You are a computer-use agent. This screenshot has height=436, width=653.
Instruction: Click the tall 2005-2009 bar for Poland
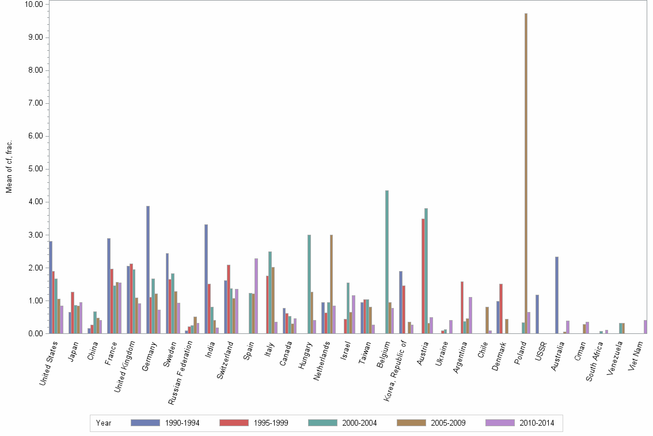pyautogui.click(x=526, y=173)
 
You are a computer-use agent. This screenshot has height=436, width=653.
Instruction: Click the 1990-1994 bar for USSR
pyautogui.click(x=537, y=314)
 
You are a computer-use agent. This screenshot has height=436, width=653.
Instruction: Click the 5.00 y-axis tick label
pyautogui.click(x=35, y=169)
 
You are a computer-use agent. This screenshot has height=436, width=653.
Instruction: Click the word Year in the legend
pyautogui.click(x=104, y=423)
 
